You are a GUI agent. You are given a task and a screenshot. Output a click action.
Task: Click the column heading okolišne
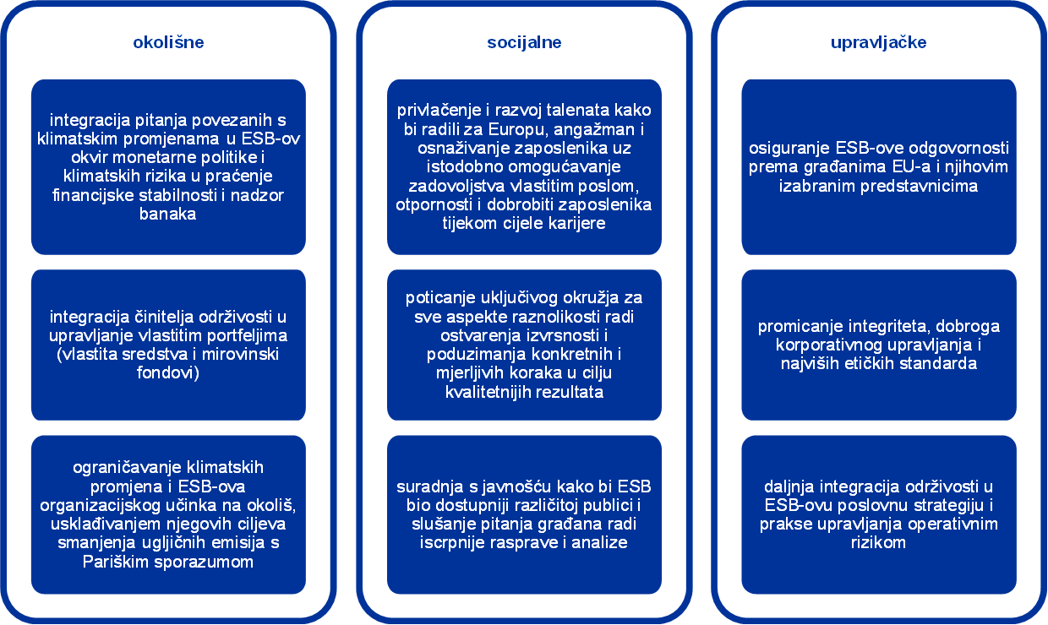click(x=168, y=42)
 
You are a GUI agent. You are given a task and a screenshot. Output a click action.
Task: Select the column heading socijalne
click(x=524, y=42)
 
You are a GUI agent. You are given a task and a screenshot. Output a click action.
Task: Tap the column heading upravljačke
click(x=878, y=42)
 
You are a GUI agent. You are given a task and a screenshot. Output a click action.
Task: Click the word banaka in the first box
click(x=168, y=214)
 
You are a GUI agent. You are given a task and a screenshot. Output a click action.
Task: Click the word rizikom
click(x=879, y=542)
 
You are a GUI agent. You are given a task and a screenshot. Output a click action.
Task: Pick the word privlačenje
click(x=437, y=111)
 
